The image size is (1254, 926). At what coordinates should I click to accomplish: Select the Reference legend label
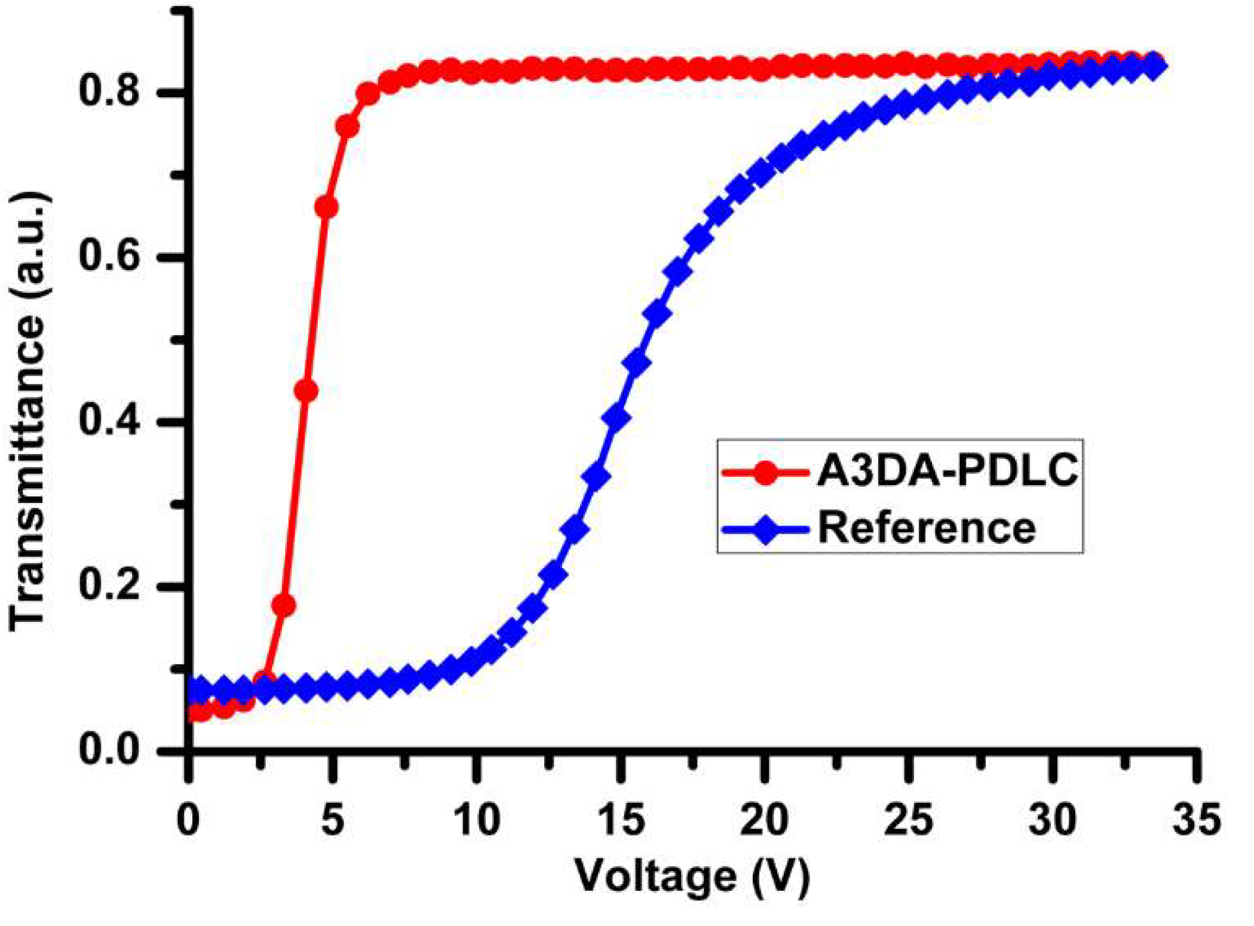pos(926,528)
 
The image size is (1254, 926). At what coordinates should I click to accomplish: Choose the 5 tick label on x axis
pos(333,820)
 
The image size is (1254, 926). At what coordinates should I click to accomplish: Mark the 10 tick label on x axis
pos(476,820)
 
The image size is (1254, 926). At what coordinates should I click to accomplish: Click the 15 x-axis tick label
pos(621,820)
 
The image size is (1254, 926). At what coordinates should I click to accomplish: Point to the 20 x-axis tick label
pos(764,820)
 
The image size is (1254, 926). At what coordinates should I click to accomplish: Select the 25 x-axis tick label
pos(908,820)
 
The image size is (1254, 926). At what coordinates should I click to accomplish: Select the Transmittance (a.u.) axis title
pos(29,412)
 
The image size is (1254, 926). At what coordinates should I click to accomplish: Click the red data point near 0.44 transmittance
pos(306,391)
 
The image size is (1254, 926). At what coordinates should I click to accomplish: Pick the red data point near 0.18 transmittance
pos(284,605)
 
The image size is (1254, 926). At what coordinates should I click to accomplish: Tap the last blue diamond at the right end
pos(1154,66)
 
